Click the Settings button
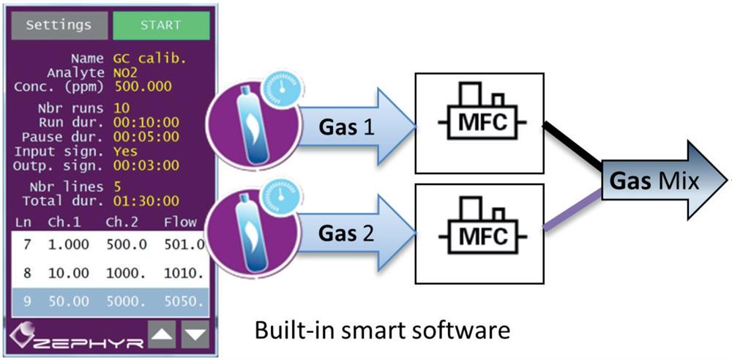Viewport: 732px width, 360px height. tap(59, 25)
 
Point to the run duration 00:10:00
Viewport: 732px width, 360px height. tap(146, 122)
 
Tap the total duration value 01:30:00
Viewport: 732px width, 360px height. tap(146, 200)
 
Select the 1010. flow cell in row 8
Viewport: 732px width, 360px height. tap(179, 272)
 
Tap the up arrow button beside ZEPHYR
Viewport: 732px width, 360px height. tap(162, 335)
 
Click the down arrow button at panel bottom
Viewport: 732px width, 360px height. tap(195, 335)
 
